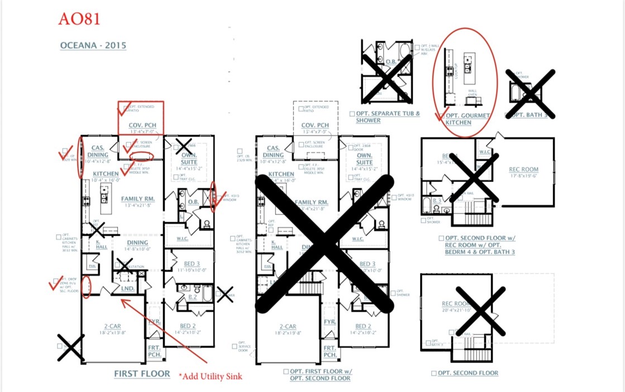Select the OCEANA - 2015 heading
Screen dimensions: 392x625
[x=93, y=45]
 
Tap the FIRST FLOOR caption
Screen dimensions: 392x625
[x=142, y=374]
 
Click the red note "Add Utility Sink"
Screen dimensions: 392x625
[x=211, y=376]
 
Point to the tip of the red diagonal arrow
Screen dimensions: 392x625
[x=122, y=300]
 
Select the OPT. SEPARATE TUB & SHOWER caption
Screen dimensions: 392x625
[x=388, y=117]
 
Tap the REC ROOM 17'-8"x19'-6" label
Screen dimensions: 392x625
[x=523, y=173]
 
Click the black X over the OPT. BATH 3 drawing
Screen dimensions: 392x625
[x=530, y=94]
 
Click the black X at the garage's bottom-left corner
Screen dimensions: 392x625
[x=71, y=347]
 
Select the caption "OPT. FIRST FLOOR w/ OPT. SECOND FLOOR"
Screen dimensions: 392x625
[x=320, y=375]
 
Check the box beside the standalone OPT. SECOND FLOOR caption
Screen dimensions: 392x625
[x=434, y=373]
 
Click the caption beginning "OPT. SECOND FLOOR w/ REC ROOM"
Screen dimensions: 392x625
[x=480, y=245]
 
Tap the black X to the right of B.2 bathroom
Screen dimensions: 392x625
[x=225, y=294]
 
